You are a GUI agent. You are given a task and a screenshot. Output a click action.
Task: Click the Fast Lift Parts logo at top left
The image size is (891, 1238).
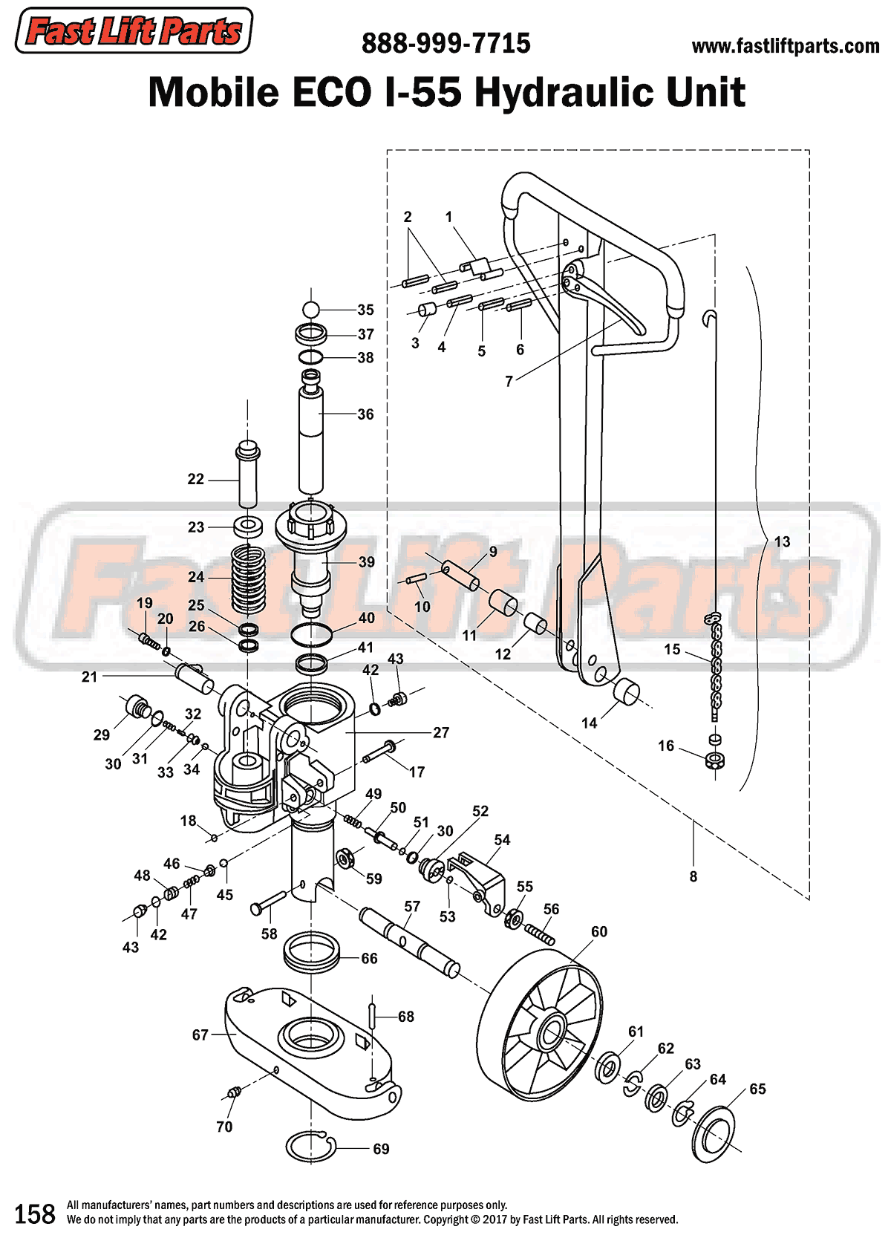tap(134, 31)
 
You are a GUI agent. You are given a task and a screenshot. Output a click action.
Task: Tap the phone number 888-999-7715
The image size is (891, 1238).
tap(446, 44)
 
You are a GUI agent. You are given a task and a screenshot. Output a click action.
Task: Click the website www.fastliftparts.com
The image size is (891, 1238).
tap(785, 46)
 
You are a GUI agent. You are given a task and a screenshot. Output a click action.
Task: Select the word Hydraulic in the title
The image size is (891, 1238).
tap(564, 93)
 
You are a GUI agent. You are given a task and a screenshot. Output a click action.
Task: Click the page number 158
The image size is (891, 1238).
tap(35, 1213)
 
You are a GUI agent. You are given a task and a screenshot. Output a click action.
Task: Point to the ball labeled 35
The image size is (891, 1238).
tap(311, 310)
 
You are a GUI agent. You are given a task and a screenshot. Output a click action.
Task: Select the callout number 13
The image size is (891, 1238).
tap(782, 541)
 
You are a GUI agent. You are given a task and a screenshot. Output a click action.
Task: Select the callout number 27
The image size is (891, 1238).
tap(441, 733)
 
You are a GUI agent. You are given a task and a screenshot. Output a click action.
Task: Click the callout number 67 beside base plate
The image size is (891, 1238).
tap(200, 1035)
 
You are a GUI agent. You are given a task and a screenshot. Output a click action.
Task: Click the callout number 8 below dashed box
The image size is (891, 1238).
tap(693, 876)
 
